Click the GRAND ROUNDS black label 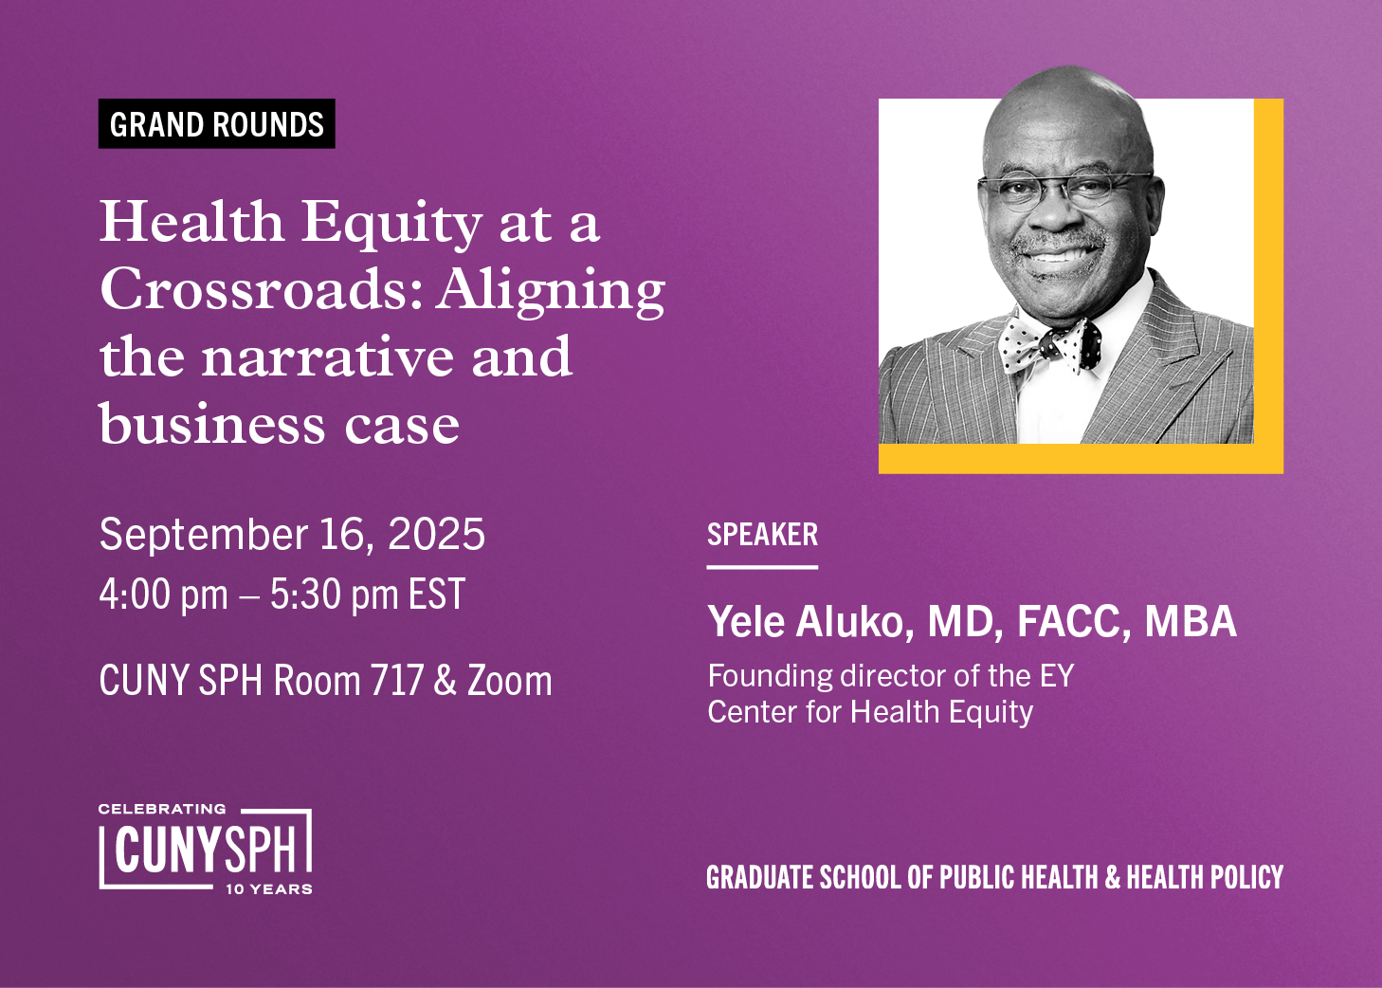(x=217, y=124)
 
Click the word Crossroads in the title (x=261, y=289)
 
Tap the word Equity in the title (x=391, y=224)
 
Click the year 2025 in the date (x=437, y=535)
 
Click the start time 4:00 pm (x=163, y=595)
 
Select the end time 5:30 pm (x=334, y=595)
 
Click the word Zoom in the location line (x=509, y=681)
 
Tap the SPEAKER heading (x=762, y=535)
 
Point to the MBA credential (x=1191, y=622)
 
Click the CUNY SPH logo (x=205, y=850)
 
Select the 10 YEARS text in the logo (x=269, y=889)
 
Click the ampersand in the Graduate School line (x=1114, y=878)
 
